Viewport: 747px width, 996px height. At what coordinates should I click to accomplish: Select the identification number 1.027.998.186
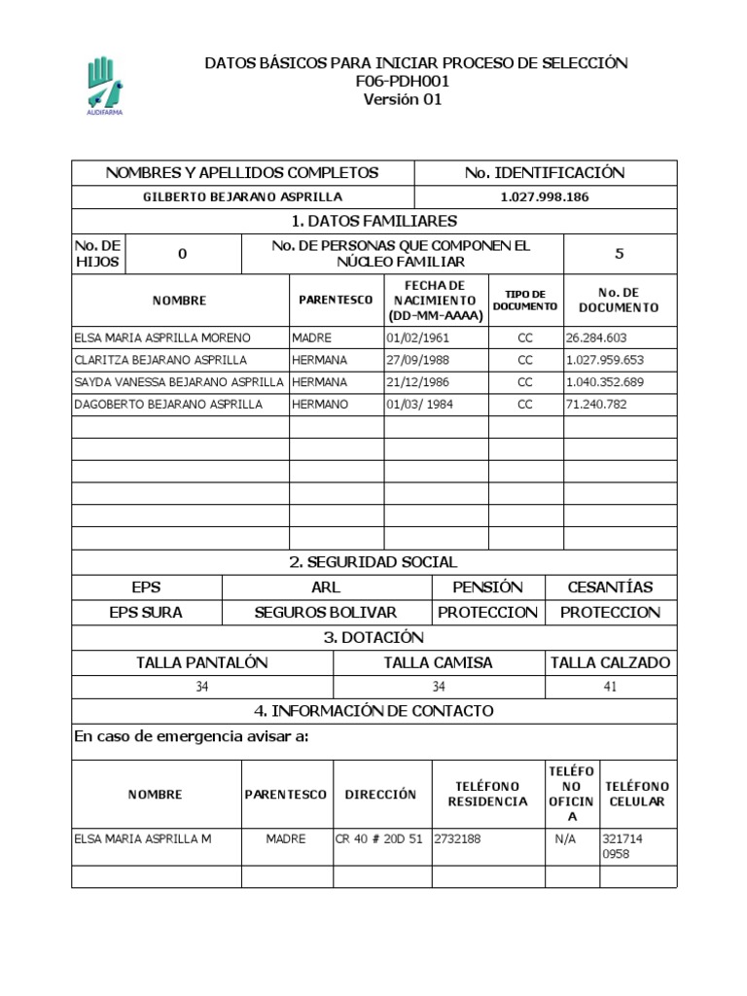tap(545, 197)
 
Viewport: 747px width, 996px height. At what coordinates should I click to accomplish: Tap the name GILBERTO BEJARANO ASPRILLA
tap(242, 197)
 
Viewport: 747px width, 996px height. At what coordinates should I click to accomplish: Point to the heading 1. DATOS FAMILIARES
tap(373, 222)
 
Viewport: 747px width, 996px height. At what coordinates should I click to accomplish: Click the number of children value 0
tap(182, 254)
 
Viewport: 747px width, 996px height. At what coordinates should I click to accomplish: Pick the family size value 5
tap(620, 254)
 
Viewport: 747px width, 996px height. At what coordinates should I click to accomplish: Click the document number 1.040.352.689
tap(604, 382)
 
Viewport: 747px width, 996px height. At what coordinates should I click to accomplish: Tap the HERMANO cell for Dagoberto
tap(319, 404)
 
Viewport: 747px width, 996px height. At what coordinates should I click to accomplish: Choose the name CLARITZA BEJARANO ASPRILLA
tap(160, 360)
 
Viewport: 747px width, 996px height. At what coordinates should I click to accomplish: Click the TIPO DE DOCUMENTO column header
tap(525, 301)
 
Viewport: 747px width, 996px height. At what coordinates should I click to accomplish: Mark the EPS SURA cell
tap(146, 613)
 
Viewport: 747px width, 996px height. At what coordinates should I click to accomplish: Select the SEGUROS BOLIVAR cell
tap(326, 613)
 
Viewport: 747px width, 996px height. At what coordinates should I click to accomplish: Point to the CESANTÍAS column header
tap(611, 587)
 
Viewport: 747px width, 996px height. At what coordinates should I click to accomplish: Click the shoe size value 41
tap(611, 687)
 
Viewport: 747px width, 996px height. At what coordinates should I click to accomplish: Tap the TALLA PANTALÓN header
tap(202, 662)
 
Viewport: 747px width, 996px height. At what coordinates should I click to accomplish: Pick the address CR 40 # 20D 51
tap(378, 838)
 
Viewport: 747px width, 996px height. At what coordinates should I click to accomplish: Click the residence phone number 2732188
tap(456, 838)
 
